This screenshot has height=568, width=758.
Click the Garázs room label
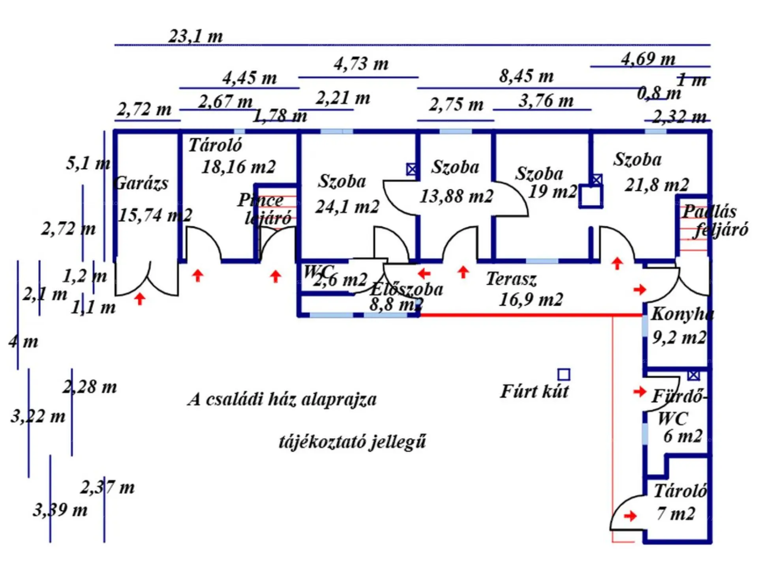(141, 183)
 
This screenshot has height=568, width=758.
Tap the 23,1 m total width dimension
(196, 36)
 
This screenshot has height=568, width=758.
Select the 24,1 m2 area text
(347, 207)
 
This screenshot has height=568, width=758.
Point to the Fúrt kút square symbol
(564, 374)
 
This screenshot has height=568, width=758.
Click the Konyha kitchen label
(682, 314)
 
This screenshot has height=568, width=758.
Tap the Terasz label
(511, 279)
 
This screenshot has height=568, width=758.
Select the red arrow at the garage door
(139, 298)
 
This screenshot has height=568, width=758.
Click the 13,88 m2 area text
(456, 196)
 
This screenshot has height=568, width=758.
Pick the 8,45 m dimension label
(526, 76)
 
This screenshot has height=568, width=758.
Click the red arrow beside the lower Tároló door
(630, 516)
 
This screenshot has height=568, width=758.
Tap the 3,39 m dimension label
(60, 510)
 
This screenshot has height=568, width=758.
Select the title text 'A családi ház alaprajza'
(282, 399)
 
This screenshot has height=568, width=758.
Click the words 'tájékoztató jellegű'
(352, 442)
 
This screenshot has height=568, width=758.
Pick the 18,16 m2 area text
(238, 167)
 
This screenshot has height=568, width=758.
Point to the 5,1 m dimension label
(88, 163)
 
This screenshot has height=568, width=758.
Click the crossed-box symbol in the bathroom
(693, 375)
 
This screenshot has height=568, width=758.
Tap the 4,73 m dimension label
(361, 64)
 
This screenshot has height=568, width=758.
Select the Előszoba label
(407, 290)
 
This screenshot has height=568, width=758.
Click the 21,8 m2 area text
(657, 185)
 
